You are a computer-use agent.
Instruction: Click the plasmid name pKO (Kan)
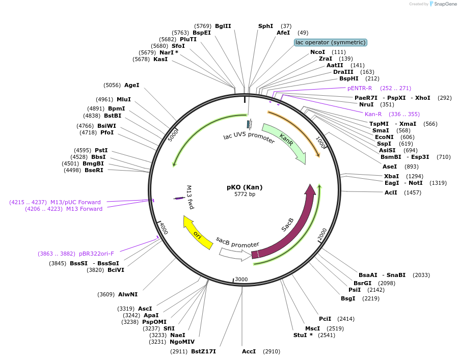[x=245, y=187]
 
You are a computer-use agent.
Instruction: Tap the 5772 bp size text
[x=245, y=194]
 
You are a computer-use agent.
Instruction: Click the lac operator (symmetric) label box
[x=331, y=42]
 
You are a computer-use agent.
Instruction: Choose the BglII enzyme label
[x=223, y=26]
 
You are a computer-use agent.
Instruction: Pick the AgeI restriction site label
[x=131, y=85]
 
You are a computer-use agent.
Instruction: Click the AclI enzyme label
[x=391, y=192]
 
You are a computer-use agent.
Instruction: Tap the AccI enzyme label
[x=249, y=351]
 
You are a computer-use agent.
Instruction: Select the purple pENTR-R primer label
[x=360, y=88]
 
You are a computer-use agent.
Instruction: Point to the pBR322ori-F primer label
[x=96, y=253]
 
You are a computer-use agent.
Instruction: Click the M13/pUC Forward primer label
[x=75, y=202]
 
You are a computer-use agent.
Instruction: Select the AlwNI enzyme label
[x=128, y=294]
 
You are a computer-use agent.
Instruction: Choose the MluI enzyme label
[x=124, y=99]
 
